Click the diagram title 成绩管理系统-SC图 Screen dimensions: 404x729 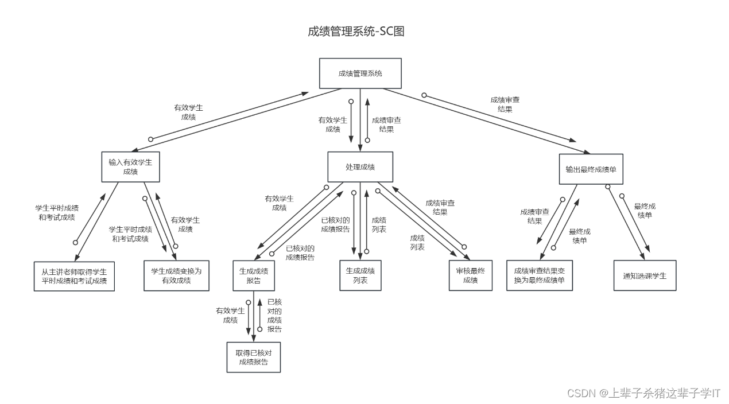tap(356, 31)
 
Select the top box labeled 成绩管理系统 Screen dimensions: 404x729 tap(360, 73)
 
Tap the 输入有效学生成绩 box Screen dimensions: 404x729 tap(130, 166)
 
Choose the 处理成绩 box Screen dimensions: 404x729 tap(360, 167)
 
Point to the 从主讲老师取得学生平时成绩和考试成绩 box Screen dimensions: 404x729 tap(74, 276)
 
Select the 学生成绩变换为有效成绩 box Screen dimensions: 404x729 tap(176, 276)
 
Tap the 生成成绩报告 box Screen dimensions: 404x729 tap(253, 275)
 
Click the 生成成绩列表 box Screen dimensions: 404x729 tap(360, 275)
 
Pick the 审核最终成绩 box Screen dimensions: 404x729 tap(470, 275)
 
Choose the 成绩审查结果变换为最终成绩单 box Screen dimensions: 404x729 tap(540, 275)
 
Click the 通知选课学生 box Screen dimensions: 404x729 tap(645, 275)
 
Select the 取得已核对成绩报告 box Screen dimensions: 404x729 tap(253, 357)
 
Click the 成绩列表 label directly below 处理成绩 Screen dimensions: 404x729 tap(379, 224)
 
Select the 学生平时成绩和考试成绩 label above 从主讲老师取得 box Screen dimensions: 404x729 tap(57, 212)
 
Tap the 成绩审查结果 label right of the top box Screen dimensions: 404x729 tap(505, 104)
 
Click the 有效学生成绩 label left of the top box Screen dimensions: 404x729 tap(188, 112)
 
